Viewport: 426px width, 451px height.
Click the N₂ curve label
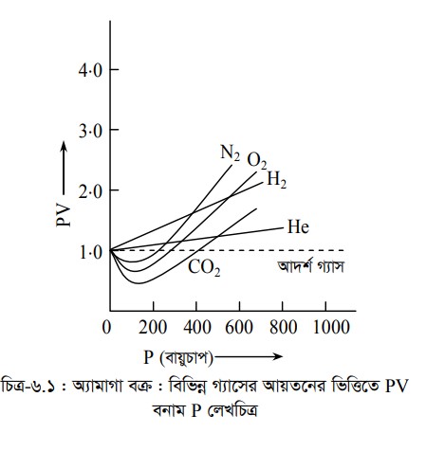(230, 153)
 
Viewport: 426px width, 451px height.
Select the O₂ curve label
(257, 160)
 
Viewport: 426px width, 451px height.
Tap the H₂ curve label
(277, 179)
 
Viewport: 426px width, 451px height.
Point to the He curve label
(298, 227)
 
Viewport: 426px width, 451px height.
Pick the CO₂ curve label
(204, 267)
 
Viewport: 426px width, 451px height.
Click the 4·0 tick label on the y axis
(90, 70)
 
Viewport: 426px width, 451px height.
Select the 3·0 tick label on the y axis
(90, 130)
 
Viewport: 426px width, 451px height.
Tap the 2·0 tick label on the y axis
(90, 190)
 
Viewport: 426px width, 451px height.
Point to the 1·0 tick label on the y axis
(91, 252)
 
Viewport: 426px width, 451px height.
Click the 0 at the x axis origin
(107, 327)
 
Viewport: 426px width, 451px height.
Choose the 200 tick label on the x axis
(153, 327)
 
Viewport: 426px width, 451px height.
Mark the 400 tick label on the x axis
(196, 327)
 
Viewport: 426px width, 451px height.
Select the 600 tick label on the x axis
(239, 327)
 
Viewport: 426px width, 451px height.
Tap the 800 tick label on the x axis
(283, 327)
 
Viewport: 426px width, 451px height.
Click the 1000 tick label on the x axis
(331, 327)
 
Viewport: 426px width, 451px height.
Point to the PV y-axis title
(64, 215)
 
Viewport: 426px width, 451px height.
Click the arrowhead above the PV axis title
(64, 146)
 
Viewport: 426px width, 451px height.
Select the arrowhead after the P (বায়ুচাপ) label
(278, 357)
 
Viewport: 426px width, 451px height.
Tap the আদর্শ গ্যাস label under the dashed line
(311, 267)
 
